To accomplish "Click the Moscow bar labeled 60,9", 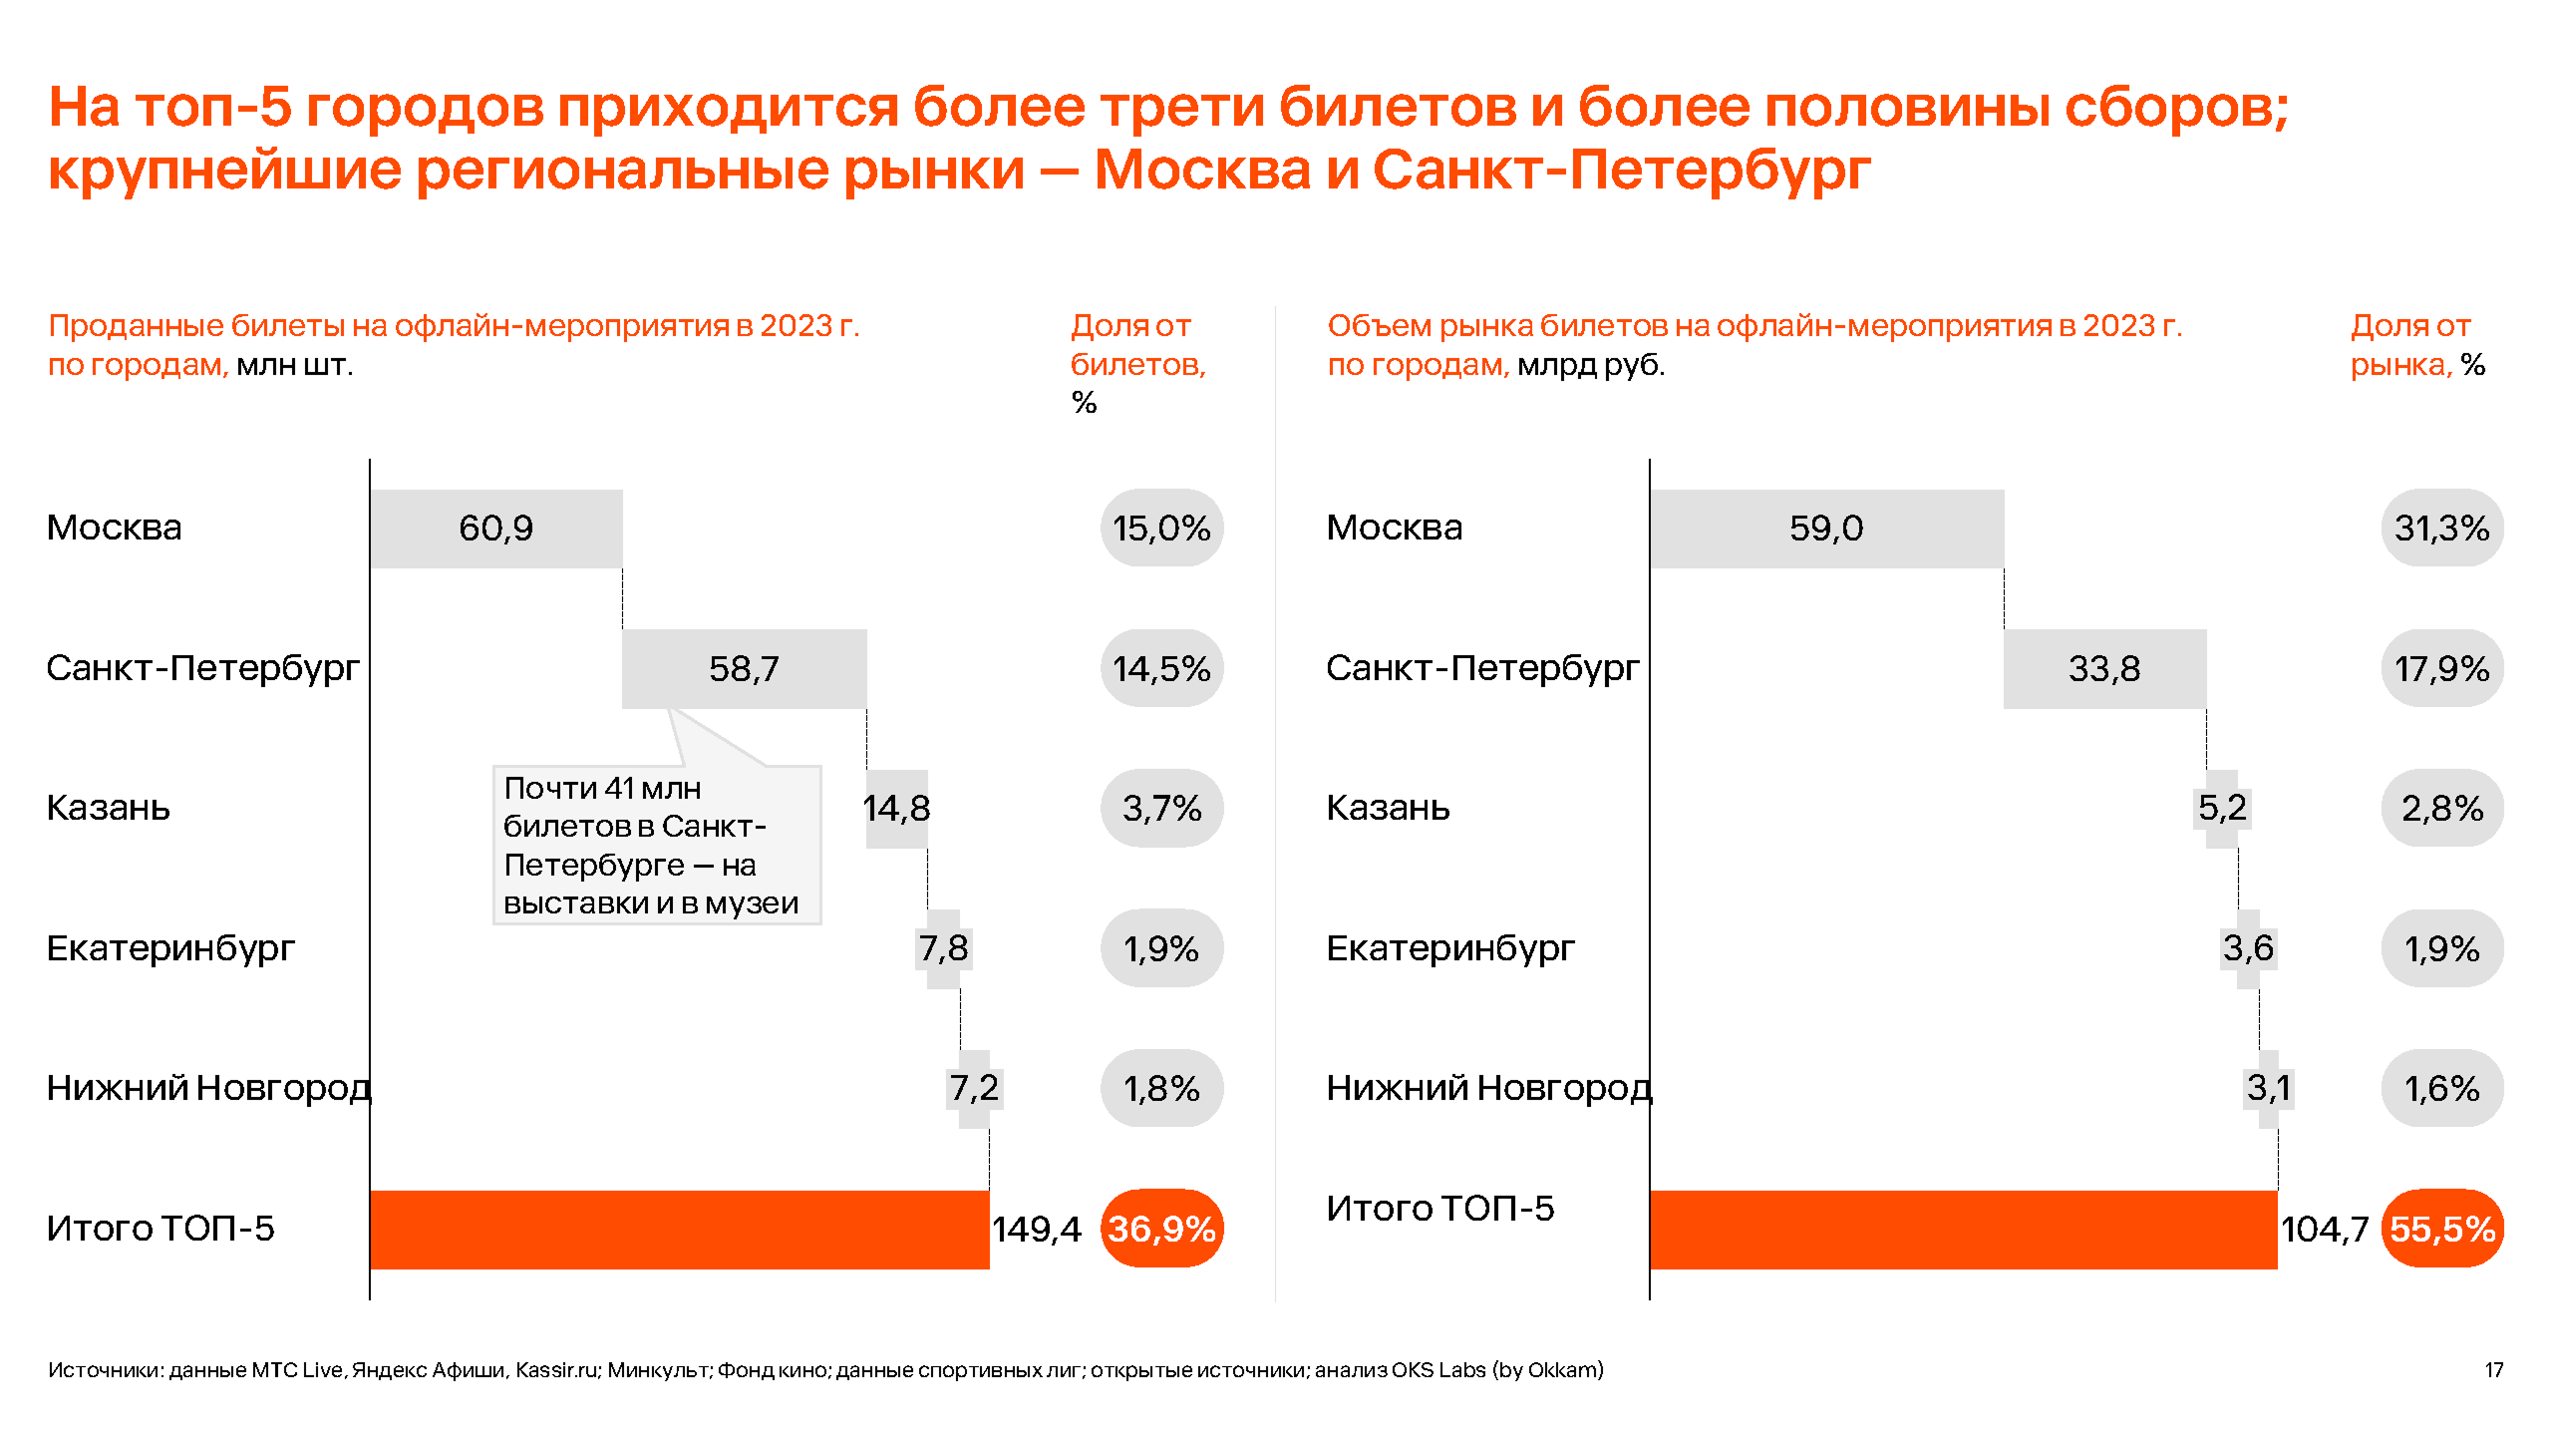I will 495,529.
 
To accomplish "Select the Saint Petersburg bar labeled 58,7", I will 744,668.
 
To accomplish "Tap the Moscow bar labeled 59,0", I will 1825,529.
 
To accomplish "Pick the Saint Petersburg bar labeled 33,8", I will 2103,668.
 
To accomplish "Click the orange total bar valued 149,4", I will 679,1229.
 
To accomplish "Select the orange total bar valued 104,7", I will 1963,1229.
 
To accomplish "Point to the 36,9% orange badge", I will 1161,1229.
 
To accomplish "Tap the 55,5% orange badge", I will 2441,1229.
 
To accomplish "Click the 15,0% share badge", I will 1161,529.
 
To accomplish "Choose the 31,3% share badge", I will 2441,529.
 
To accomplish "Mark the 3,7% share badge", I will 1161,808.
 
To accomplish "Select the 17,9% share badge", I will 2441,668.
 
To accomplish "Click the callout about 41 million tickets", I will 656,845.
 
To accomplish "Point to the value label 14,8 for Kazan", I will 896,808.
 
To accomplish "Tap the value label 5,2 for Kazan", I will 2222,808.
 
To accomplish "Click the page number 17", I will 2493,1370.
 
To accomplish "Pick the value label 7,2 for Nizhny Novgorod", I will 974,1088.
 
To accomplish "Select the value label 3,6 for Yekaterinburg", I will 2248,948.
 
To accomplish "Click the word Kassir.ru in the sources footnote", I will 556,1370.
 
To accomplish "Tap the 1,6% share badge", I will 2441,1088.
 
